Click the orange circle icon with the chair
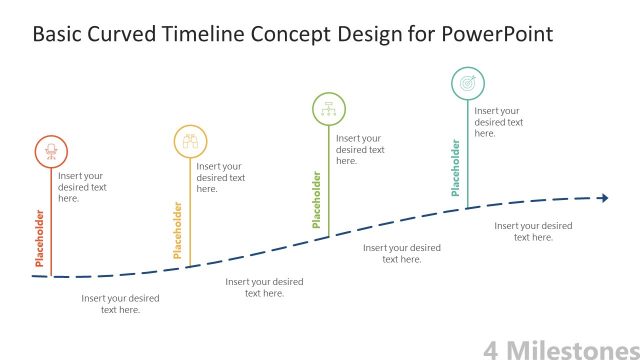[51, 152]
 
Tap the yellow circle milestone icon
[190, 141]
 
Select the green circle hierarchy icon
[329, 107]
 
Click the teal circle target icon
[467, 83]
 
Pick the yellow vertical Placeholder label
[179, 231]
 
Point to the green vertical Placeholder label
[318, 199]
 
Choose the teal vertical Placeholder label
[456, 168]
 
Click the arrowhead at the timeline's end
[603, 198]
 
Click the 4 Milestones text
[560, 349]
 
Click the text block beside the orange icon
[82, 187]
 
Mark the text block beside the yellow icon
[220, 177]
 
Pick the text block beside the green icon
[359, 149]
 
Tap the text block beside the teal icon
[498, 121]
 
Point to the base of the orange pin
[51, 275]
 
